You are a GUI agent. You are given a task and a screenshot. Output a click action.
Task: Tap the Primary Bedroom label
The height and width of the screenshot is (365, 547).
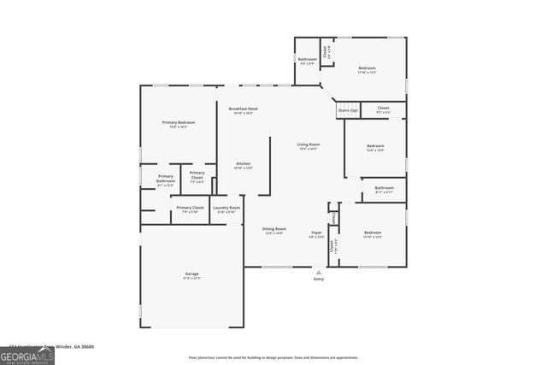click(x=179, y=123)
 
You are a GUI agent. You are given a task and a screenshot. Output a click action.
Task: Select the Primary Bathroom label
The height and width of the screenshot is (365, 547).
click(x=165, y=179)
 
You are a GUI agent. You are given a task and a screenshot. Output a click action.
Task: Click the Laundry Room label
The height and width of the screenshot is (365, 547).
click(x=226, y=208)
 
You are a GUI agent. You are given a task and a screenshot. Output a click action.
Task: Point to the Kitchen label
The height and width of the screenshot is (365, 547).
click(x=243, y=163)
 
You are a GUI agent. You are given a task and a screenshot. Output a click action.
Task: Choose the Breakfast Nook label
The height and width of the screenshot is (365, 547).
click(x=243, y=109)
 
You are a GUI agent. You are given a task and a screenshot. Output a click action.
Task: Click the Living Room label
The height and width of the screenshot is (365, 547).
click(x=308, y=144)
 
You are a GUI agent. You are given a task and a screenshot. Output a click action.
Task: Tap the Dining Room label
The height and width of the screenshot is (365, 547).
click(x=273, y=229)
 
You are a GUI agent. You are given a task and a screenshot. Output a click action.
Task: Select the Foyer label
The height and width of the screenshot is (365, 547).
click(x=316, y=233)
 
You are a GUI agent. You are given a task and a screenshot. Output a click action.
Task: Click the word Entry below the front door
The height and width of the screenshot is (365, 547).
click(x=319, y=279)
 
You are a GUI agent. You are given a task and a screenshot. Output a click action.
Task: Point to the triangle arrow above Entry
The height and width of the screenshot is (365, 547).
click(x=319, y=272)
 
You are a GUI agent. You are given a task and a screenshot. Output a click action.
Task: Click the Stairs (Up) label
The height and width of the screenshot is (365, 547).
click(x=347, y=110)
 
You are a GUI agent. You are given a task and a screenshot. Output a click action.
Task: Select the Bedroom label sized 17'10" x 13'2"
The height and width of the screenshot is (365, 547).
click(x=367, y=68)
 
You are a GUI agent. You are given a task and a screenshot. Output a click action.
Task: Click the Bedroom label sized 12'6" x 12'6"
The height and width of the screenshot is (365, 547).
click(x=374, y=146)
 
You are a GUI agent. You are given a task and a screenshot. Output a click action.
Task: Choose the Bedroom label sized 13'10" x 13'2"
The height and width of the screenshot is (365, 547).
click(x=372, y=233)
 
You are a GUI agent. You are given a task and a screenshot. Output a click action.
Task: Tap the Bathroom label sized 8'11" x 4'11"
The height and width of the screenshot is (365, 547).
click(x=384, y=188)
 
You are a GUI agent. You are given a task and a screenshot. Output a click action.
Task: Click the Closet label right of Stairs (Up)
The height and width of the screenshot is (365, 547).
click(x=383, y=108)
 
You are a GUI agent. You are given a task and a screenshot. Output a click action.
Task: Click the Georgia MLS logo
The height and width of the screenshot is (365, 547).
click(x=27, y=353)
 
